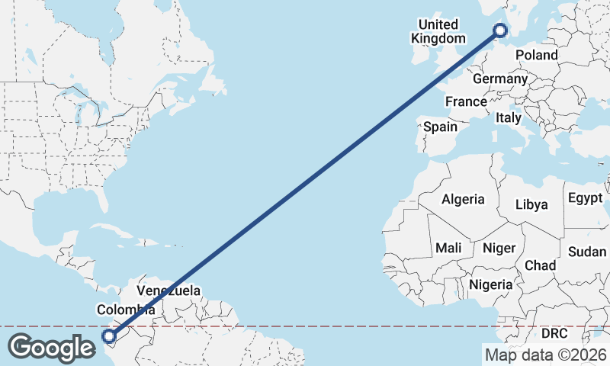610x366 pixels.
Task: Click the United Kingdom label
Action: click(438, 31)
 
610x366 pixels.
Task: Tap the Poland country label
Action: click(536, 55)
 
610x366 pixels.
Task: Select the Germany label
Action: click(500, 79)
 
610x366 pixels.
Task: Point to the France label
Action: click(466, 101)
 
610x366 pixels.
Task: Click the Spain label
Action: click(440, 127)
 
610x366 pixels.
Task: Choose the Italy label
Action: click(508, 118)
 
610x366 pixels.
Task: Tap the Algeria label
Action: click(463, 199)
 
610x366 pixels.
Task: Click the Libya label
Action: click(531, 204)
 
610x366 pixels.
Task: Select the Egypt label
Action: click(585, 198)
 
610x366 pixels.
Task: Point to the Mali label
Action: click(448, 248)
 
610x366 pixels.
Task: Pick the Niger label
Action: click(499, 248)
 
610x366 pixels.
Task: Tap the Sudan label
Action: click(587, 252)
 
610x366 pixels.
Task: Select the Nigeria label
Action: click(491, 284)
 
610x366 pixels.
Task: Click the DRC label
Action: click(555, 334)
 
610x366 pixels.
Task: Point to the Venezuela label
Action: click(169, 291)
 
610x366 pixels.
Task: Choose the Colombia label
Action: click(126, 310)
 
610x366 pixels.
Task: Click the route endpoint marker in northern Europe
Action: click(500, 30)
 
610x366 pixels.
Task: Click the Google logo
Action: click(51, 348)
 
